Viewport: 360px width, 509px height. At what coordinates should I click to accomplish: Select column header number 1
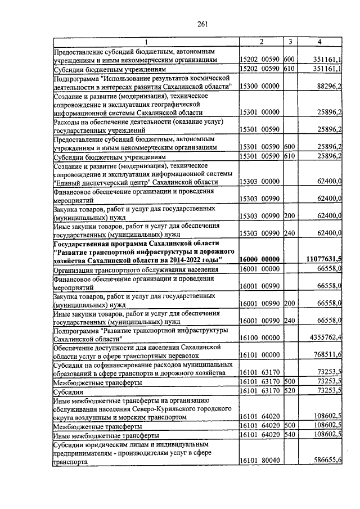146,42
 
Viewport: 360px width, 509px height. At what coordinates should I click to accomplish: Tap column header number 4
319,42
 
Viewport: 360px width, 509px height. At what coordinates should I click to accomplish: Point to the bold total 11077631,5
325,259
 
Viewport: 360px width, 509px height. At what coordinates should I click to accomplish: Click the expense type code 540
290,435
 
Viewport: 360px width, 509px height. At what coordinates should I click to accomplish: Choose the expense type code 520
290,391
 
